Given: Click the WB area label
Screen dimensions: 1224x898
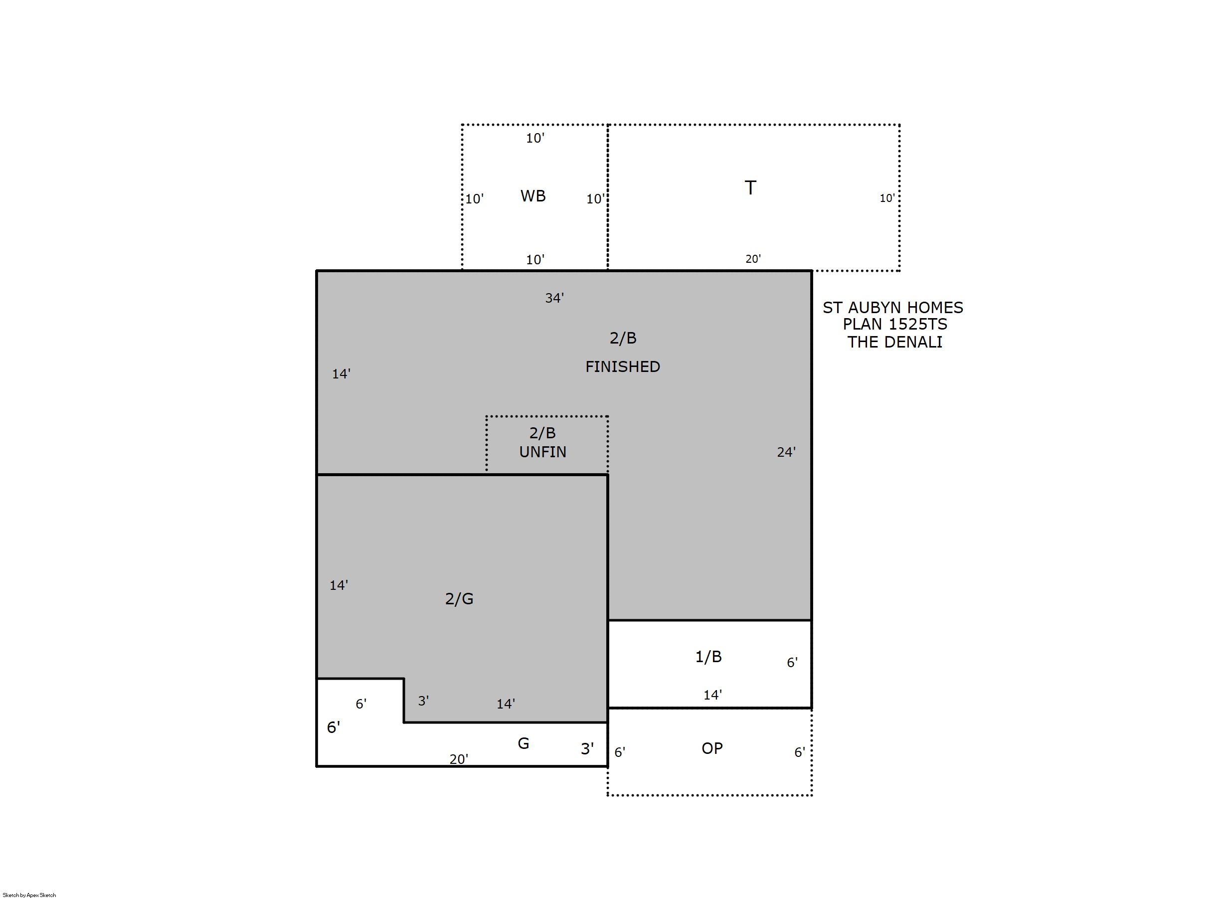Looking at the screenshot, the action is point(532,195).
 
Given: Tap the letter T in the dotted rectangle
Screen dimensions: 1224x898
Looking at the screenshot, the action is point(750,187).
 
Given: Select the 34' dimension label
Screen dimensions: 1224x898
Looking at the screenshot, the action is point(554,298).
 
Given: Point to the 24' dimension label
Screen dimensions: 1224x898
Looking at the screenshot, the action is point(786,452).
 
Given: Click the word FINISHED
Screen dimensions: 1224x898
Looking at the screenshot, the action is point(622,367).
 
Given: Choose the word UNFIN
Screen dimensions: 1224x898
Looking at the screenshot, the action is point(542,452).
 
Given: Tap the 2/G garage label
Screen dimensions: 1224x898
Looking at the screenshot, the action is point(459,598).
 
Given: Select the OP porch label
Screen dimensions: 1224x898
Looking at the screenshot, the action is point(712,748).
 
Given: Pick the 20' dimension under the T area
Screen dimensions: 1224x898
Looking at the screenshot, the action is point(753,259).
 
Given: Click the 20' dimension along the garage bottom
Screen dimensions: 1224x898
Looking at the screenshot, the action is point(459,759).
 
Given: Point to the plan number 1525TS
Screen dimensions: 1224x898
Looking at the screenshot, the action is point(917,324).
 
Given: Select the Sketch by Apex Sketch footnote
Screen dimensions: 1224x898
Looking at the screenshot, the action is point(29,895).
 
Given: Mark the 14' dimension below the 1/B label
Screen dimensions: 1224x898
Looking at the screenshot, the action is point(712,695).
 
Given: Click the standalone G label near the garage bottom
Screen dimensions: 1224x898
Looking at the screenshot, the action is point(523,743).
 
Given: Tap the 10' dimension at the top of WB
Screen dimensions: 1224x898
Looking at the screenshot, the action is point(535,138).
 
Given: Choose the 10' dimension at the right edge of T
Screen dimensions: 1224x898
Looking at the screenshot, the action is point(887,198).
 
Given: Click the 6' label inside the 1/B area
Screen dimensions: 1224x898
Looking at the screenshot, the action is point(792,663).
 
